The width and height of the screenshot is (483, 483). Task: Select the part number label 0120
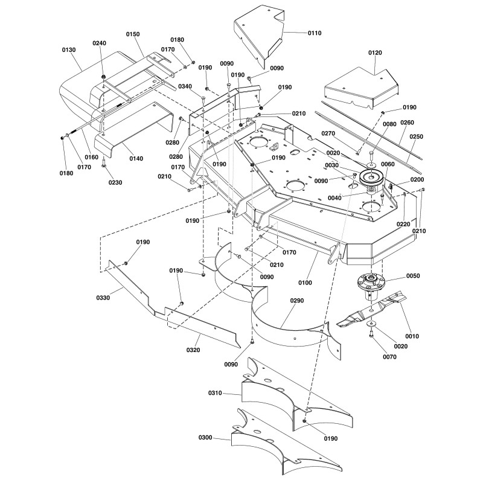coord(375,53)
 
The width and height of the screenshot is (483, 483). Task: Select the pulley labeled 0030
coord(368,178)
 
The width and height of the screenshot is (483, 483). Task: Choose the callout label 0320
coord(194,350)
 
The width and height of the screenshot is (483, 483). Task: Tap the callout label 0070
coord(390,357)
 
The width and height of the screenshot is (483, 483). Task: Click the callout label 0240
coord(98,43)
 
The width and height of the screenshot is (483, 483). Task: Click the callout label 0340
coord(185,87)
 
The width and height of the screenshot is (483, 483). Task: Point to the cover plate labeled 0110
coord(257,36)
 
